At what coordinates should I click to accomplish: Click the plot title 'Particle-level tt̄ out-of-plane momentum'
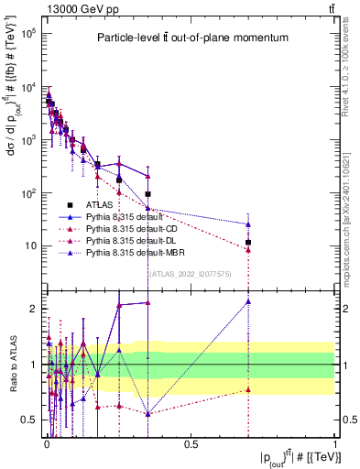pyautogui.click(x=192, y=38)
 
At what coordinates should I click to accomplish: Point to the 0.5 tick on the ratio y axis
pyautogui.click(x=31, y=420)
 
